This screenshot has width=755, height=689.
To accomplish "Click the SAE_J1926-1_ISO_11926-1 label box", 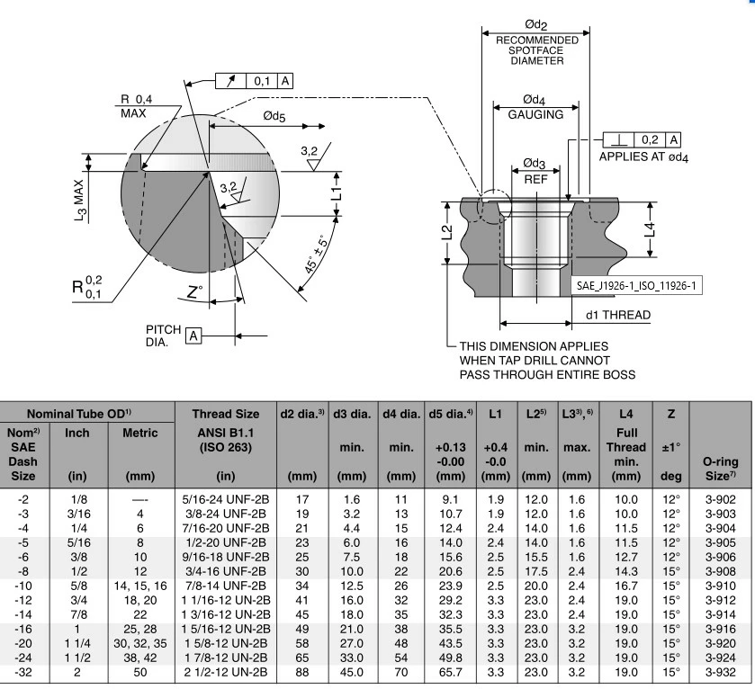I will point(639,285).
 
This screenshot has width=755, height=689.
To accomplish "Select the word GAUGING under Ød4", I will point(535,114).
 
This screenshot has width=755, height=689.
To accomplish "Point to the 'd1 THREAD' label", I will point(617,315).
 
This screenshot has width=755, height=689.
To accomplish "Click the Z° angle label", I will point(195,291).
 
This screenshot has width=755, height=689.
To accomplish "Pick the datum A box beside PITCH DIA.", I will point(193,336).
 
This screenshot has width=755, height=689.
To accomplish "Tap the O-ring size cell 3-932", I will point(722,671).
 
